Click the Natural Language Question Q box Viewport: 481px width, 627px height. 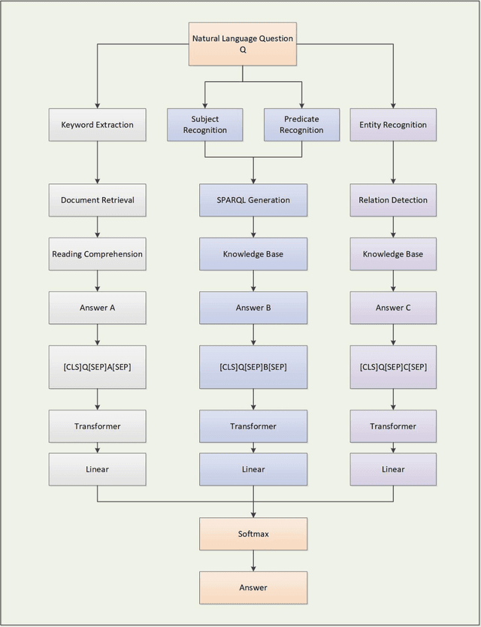[242, 43]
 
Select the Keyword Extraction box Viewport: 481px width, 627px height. [97, 125]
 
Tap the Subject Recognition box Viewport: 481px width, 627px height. [205, 125]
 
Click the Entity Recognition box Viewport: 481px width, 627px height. [393, 125]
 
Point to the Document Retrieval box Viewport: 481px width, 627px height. [97, 200]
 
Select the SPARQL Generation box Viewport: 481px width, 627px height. [253, 200]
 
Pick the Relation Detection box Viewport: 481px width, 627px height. [393, 200]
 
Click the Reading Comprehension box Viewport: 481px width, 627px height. [97, 254]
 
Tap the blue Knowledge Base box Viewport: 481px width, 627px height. [253, 254]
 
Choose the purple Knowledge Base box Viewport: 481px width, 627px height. [393, 254]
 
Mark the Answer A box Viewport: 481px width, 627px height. [97, 307]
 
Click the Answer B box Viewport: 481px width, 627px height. [253, 307]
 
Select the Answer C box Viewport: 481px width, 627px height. [393, 307]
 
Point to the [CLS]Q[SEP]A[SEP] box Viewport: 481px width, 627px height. [97, 367]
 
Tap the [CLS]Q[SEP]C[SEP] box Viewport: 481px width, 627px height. [393, 367]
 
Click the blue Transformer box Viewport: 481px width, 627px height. [253, 426]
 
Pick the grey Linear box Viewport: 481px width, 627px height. [97, 469]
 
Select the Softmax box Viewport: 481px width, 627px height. [253, 534]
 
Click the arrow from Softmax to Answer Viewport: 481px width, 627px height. [253, 560]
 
